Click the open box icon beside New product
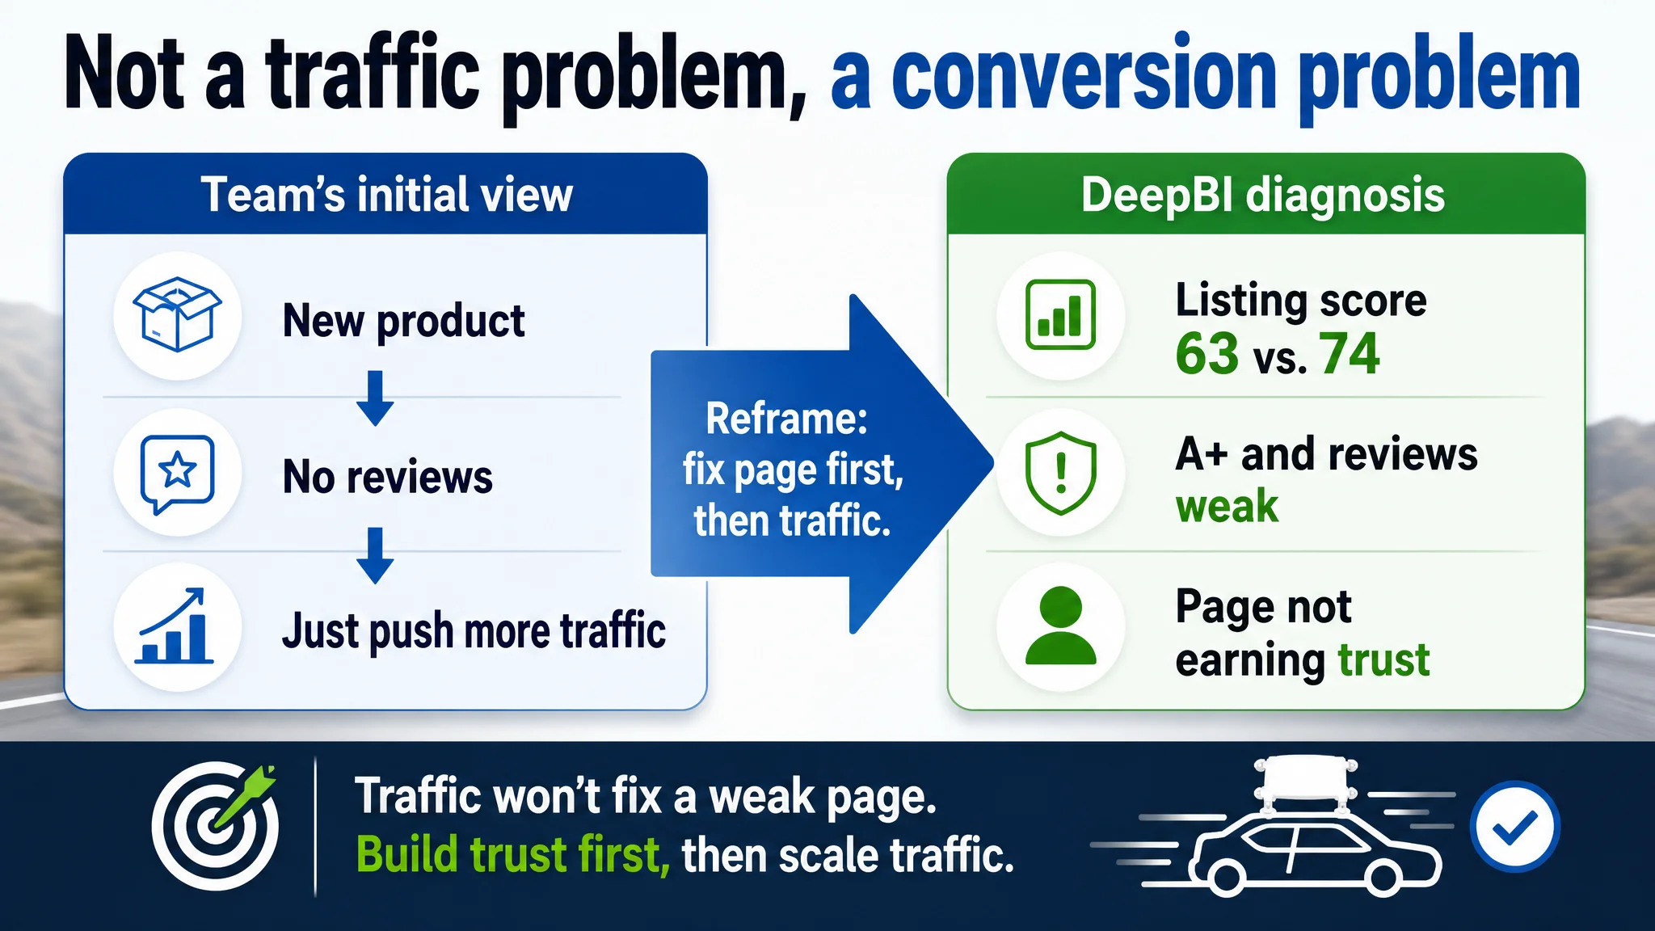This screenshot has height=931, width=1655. [x=177, y=314]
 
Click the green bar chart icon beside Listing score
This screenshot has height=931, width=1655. [x=1060, y=314]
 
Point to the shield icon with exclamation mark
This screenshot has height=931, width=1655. [x=1060, y=473]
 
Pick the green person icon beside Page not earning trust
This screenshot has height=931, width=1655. [x=1060, y=626]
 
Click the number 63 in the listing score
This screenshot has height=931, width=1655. [x=1207, y=353]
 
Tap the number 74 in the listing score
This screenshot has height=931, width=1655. [x=1350, y=353]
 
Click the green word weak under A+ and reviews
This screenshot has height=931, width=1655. [x=1227, y=507]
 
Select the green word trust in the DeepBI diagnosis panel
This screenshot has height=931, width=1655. [x=1383, y=659]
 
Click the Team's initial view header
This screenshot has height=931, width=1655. [x=386, y=195]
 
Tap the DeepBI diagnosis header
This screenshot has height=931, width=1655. [x=1263, y=196]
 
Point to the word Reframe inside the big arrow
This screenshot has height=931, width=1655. [x=786, y=419]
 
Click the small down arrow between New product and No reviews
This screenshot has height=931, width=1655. [x=375, y=398]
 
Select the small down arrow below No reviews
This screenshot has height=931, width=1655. [x=375, y=556]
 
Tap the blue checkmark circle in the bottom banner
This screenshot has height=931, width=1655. [x=1514, y=826]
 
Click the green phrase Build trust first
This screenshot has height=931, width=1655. [x=513, y=855]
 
